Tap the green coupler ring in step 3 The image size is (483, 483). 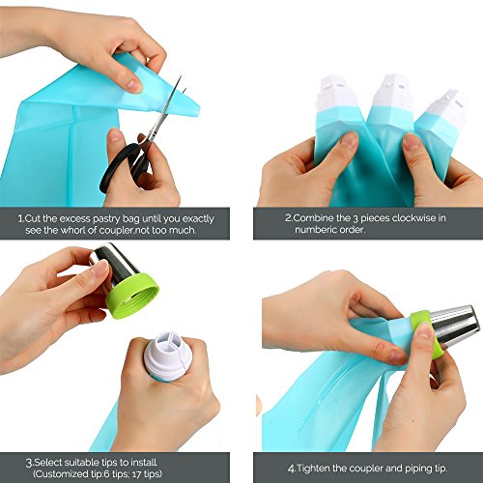point(132,296)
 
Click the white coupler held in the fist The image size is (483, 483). point(167,355)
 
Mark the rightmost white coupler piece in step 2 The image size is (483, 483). point(447,108)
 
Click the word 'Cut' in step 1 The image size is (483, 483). point(32,219)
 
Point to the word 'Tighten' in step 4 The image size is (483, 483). point(313,468)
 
